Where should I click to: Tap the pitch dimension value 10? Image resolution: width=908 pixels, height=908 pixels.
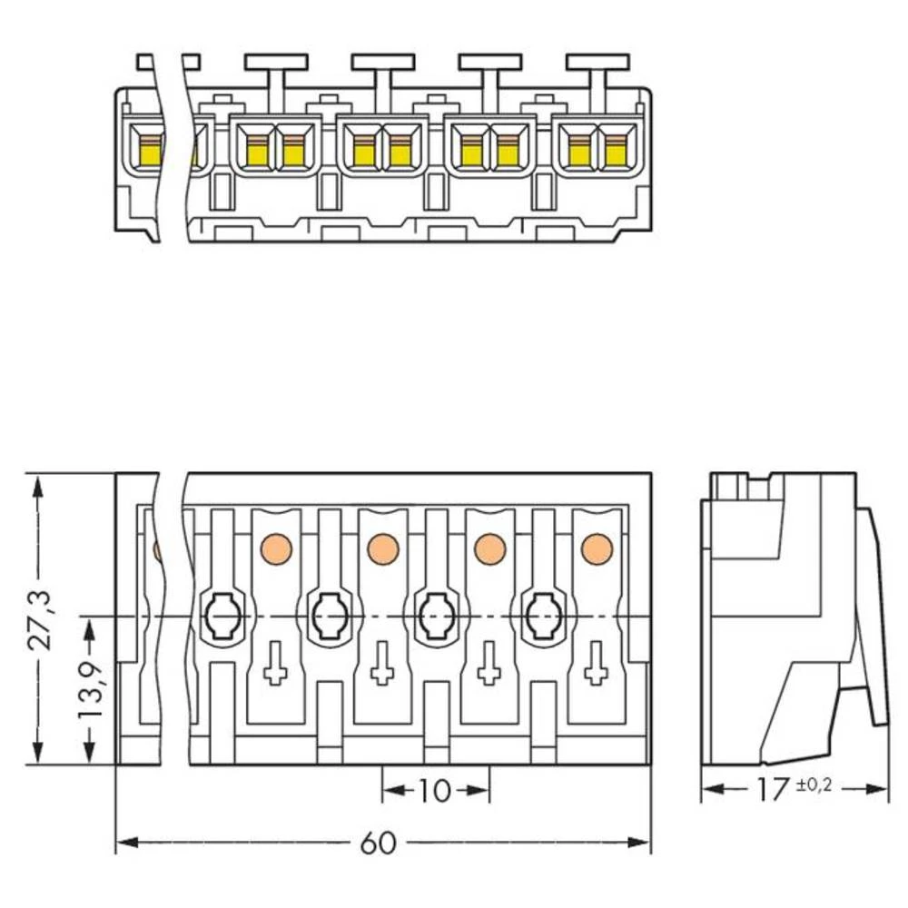coord(435,791)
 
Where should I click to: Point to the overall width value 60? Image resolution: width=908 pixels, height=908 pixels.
coord(379,844)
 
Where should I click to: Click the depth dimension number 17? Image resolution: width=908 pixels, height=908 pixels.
coord(773,790)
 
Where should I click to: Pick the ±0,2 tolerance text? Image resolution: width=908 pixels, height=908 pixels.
coord(814,785)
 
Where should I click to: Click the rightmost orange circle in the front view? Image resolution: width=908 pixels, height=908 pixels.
coord(597,548)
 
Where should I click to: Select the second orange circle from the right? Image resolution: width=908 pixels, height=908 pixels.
coord(489,548)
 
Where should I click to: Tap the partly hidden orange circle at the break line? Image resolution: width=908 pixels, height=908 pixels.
coord(158,549)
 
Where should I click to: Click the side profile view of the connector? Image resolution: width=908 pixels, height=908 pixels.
coord(790,617)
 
